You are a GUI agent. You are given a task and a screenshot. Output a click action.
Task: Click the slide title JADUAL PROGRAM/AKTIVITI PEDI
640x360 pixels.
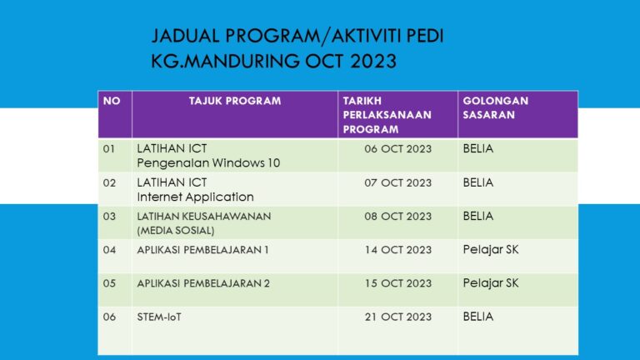click(x=297, y=36)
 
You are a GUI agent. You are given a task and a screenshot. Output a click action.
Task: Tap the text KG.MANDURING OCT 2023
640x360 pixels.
click(x=274, y=62)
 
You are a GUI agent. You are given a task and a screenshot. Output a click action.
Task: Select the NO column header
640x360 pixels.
click(x=112, y=101)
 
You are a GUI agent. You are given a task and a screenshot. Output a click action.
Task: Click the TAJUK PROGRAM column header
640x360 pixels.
click(x=235, y=101)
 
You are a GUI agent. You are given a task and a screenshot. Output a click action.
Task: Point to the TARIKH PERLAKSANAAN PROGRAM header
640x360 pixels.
click(x=387, y=115)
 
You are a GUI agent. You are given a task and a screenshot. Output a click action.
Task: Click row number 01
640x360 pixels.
click(x=109, y=149)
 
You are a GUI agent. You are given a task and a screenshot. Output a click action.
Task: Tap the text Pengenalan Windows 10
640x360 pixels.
click(x=208, y=163)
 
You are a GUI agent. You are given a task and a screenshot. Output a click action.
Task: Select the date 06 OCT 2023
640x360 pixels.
click(x=397, y=149)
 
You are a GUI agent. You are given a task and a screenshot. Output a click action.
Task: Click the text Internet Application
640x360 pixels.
click(x=195, y=197)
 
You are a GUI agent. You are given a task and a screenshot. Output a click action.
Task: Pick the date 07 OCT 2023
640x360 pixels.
click(x=397, y=182)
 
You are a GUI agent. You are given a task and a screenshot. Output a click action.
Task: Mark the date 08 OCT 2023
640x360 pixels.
click(x=397, y=216)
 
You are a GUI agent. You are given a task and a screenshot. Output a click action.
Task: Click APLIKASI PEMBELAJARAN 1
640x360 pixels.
click(x=203, y=249)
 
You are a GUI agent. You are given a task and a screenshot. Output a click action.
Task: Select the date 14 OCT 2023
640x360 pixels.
click(x=397, y=249)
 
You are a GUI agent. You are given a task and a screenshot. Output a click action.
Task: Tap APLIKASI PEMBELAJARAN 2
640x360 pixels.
click(x=203, y=282)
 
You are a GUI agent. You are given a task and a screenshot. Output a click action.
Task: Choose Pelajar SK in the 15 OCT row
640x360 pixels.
click(x=491, y=282)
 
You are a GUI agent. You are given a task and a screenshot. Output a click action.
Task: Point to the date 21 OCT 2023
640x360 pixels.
click(x=397, y=317)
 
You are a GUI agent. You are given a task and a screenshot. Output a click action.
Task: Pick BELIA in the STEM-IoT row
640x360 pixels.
click(x=478, y=317)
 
